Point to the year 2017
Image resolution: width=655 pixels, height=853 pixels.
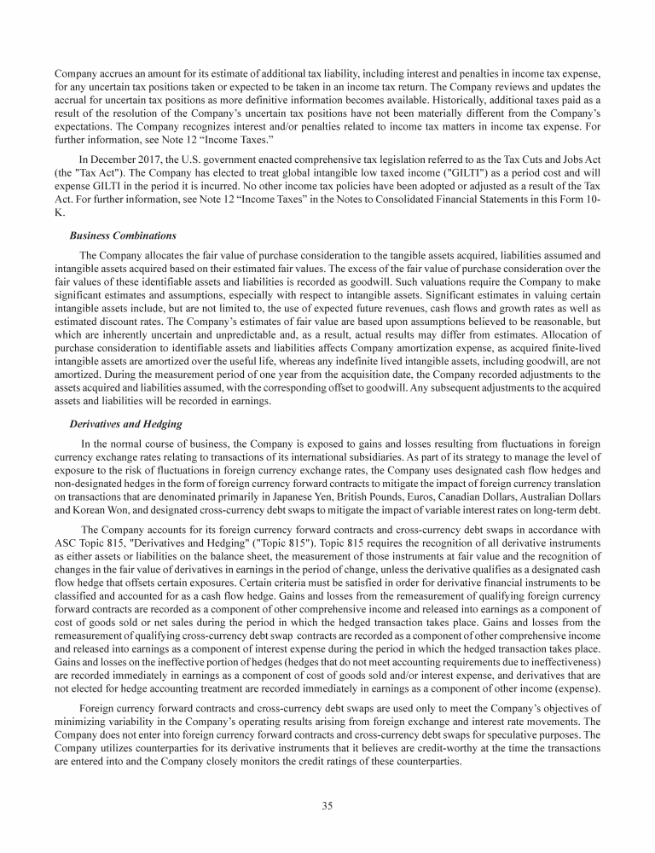coord(142,158)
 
